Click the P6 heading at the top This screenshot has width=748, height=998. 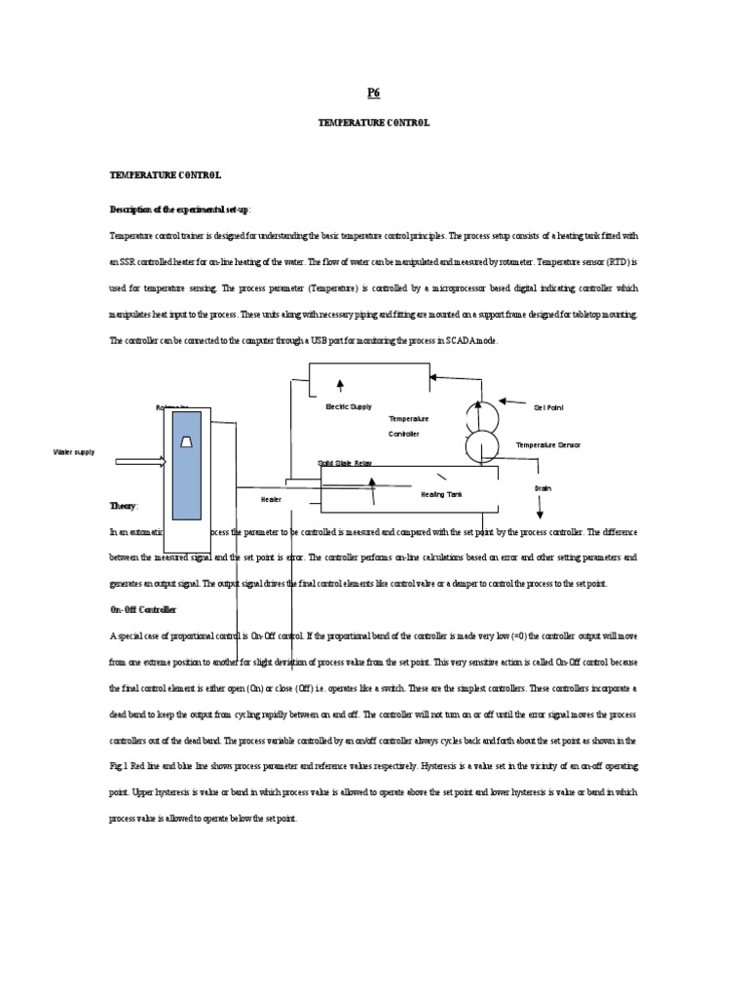pos(373,93)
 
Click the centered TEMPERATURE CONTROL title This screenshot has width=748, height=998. pos(373,124)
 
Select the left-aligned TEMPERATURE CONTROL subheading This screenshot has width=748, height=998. pos(166,175)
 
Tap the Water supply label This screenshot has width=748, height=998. pos(74,452)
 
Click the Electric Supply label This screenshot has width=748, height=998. pos(349,406)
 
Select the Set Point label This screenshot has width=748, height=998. pos(548,407)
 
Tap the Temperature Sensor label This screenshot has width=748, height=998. pos(547,444)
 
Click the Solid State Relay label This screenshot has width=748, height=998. pos(345,463)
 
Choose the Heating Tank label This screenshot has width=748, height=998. pos(441,494)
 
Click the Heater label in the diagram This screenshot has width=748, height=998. pos(271,499)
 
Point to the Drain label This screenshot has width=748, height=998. pos(543,488)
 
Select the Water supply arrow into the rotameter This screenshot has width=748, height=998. pos(140,462)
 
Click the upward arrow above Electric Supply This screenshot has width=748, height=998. pos(340,388)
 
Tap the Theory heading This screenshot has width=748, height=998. pos(124,507)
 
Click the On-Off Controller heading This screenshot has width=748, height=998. pos(143,609)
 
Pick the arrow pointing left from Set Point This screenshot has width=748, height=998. pos(513,400)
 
